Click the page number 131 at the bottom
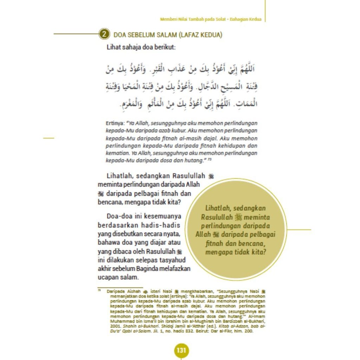click(181, 351)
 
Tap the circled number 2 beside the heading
click(104, 34)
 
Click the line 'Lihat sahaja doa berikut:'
click(141, 47)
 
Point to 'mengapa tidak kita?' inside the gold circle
click(235, 252)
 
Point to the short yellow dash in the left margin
click(49, 138)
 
